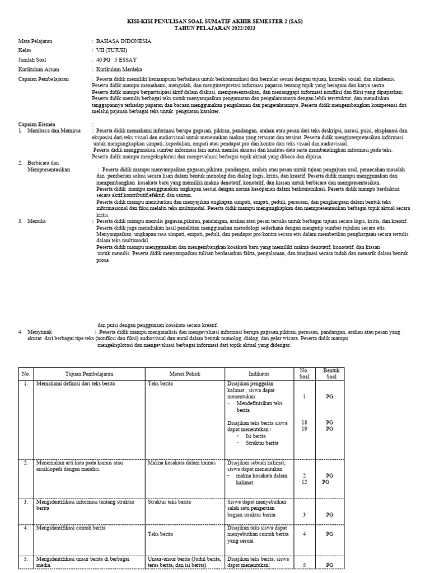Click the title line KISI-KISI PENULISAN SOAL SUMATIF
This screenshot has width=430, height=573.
click(214, 21)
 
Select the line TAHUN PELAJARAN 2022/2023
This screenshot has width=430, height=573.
click(214, 27)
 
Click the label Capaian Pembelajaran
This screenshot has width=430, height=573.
click(44, 79)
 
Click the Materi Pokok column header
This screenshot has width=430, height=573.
click(185, 373)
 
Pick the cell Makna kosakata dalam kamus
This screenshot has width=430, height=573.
click(181, 463)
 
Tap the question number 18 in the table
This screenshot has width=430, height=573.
click(304, 422)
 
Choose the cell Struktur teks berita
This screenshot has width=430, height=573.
click(170, 502)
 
